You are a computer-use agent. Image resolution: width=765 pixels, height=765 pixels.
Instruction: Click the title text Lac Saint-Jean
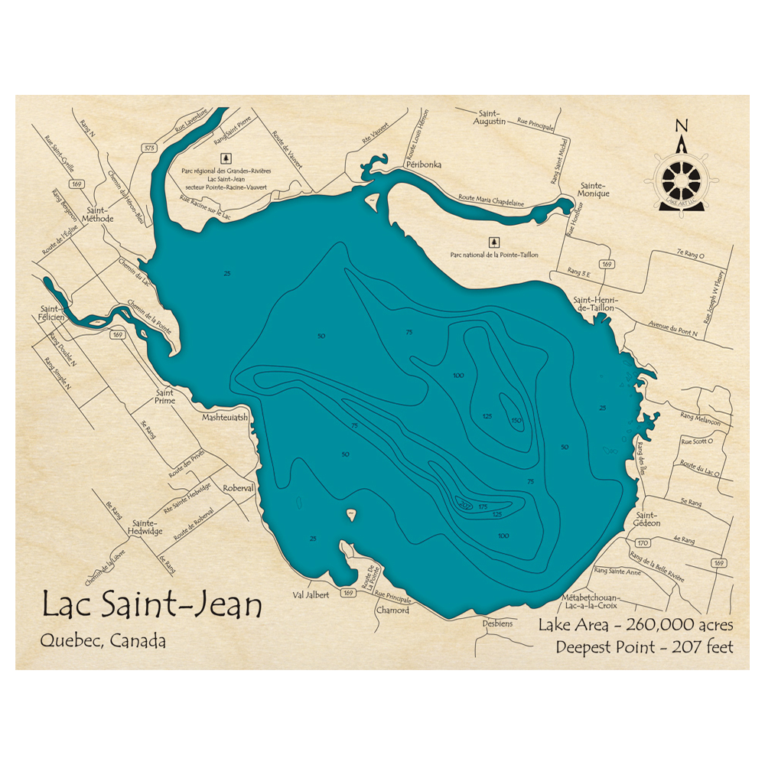coord(151,604)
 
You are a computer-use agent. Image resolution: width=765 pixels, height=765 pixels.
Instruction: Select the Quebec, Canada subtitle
coord(104,641)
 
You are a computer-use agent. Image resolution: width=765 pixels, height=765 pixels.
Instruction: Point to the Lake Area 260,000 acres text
coord(636,624)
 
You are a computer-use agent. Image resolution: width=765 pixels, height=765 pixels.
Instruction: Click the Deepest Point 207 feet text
coord(645,647)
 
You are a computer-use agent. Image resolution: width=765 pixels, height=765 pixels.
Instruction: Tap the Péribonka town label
coord(424,164)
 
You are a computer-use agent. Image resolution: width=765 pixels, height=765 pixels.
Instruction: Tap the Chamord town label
coord(392,610)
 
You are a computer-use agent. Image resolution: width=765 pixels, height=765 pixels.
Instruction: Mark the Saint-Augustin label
coord(490,116)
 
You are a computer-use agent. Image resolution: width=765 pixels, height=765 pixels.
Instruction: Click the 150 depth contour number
coord(516,420)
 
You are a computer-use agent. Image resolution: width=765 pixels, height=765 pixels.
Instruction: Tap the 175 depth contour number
coord(483,506)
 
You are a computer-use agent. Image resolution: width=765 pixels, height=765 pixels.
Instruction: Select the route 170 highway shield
coord(643,543)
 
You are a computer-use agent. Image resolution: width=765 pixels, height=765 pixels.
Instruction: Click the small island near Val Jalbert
coord(351,516)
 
